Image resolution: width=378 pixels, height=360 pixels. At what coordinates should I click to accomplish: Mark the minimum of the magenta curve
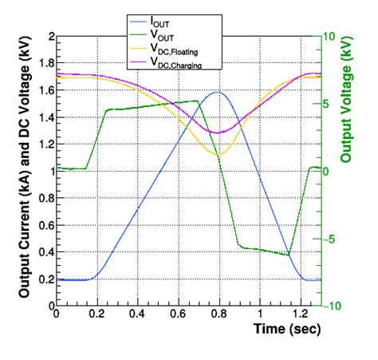(x=217, y=133)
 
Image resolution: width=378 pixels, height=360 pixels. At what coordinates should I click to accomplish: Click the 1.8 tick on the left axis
(x=45, y=64)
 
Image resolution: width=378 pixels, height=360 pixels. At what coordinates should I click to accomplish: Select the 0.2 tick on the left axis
(x=45, y=279)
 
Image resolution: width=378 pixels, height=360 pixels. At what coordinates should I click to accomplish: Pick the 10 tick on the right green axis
(x=332, y=37)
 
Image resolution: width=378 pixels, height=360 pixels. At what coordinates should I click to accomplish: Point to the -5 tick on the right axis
(x=332, y=239)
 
